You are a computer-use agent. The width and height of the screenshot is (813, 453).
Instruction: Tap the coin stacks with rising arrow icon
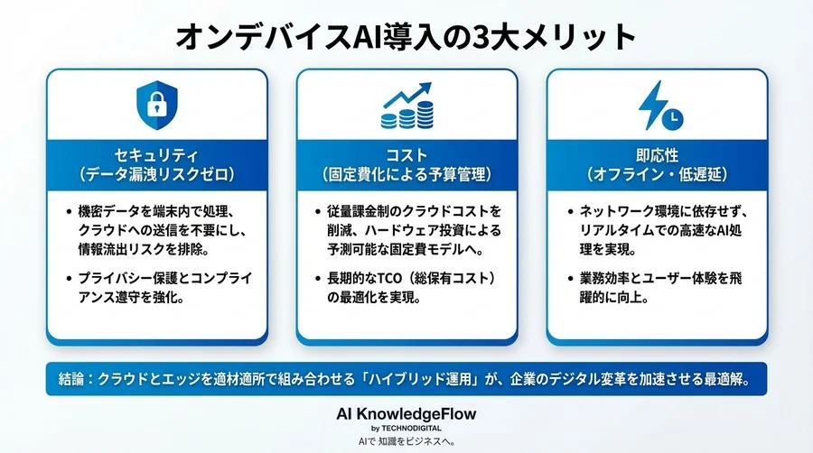click(x=406, y=106)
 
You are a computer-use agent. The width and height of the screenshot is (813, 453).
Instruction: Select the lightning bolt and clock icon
click(x=658, y=106)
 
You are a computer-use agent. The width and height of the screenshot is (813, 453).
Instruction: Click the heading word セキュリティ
click(x=156, y=153)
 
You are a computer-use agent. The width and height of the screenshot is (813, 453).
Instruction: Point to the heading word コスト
click(x=406, y=153)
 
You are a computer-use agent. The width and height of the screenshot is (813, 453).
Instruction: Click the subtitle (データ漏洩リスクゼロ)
click(x=156, y=172)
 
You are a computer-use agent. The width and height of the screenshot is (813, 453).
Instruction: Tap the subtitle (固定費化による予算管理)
click(x=406, y=172)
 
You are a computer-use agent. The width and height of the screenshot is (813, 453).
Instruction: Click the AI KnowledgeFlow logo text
click(x=406, y=413)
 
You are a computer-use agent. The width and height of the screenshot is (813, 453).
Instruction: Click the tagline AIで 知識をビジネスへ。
click(x=406, y=441)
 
